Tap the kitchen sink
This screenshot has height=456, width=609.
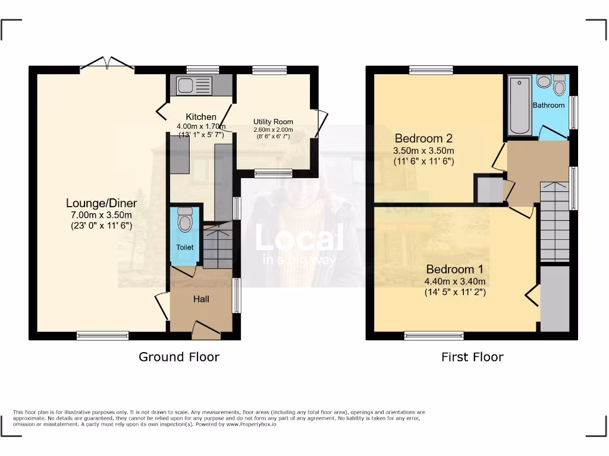(x=191, y=85)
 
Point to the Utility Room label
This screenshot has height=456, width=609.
(x=273, y=122)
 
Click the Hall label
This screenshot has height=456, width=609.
(x=201, y=299)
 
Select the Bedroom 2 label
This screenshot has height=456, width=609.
(x=423, y=138)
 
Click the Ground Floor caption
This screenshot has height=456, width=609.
(x=179, y=357)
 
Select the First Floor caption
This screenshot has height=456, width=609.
(x=472, y=357)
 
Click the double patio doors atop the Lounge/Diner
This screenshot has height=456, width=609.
(x=107, y=64)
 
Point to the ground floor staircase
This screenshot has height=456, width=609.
(x=218, y=245)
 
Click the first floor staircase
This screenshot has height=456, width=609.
(x=554, y=223)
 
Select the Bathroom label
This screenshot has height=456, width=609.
(x=548, y=105)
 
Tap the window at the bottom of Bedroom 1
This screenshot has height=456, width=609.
(x=434, y=336)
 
